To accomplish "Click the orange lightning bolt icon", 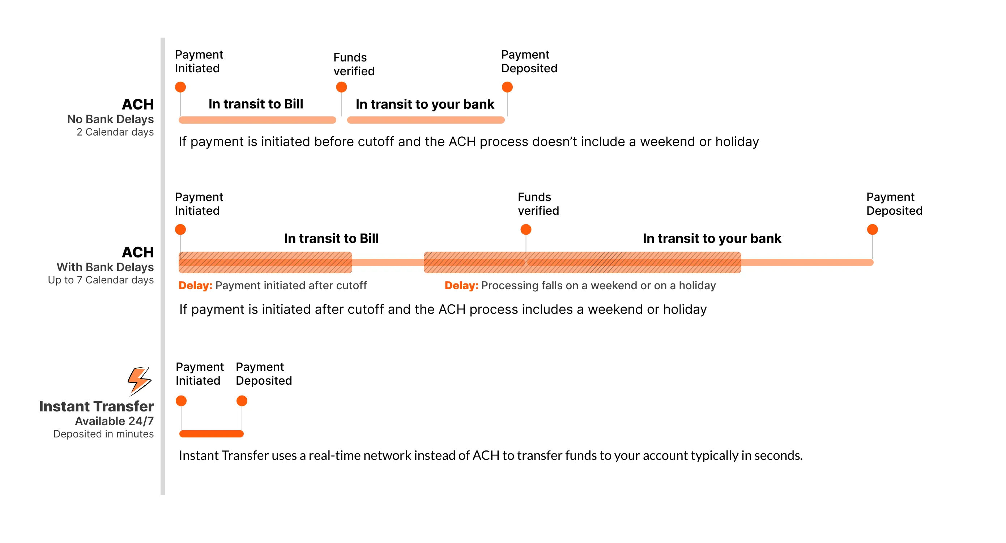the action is (x=139, y=381).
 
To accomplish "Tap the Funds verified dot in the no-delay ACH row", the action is (x=341, y=87).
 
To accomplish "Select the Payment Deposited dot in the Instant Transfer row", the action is (x=242, y=401).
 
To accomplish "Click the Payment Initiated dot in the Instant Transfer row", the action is (x=181, y=401).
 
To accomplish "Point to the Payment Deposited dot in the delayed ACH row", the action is (x=872, y=230).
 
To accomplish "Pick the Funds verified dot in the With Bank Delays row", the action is (x=526, y=230).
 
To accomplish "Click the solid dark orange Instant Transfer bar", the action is (x=211, y=434).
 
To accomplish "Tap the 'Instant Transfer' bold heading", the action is (x=97, y=406).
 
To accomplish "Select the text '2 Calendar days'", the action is (x=115, y=132).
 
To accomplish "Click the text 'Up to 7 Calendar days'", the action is (x=101, y=280).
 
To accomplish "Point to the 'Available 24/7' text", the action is (x=114, y=421).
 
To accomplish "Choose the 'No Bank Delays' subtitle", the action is (x=111, y=119).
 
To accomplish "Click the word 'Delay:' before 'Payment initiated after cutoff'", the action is (x=195, y=285).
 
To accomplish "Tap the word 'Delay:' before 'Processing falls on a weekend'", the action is (x=461, y=285).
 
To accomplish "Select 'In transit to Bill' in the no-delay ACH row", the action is (x=256, y=104).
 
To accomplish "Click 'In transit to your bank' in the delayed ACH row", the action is (x=712, y=238).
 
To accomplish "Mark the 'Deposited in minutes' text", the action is (x=103, y=434).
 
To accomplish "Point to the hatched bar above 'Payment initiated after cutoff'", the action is (x=265, y=262).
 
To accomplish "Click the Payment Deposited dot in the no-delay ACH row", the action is (x=507, y=87).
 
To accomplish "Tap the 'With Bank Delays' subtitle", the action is (x=105, y=267).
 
